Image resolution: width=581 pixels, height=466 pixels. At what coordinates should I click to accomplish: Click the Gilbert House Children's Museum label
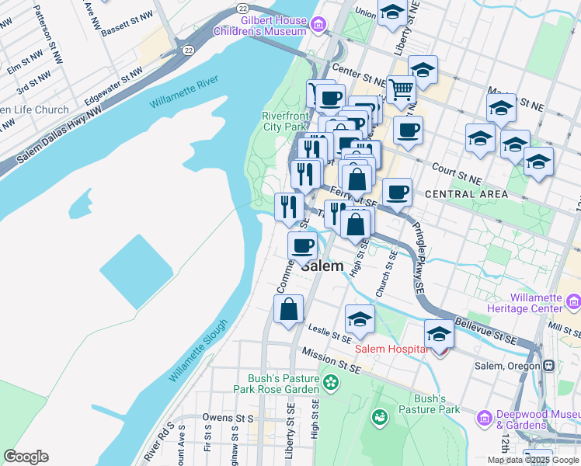tap(262, 26)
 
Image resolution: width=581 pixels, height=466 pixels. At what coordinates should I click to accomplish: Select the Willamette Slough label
tap(199, 350)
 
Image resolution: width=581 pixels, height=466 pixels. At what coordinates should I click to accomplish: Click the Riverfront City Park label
tap(284, 121)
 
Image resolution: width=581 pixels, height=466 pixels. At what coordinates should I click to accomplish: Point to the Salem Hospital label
tap(391, 349)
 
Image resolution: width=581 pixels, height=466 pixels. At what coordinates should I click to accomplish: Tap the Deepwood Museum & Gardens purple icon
tap(484, 419)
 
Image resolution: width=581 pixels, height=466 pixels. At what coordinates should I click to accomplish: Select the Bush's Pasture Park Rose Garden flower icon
tap(332, 381)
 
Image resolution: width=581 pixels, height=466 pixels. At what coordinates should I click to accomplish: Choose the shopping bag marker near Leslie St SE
tap(288, 309)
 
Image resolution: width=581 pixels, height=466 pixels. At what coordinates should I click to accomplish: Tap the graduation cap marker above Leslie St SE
tap(360, 318)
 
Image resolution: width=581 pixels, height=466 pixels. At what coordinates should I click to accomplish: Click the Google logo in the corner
tap(26, 457)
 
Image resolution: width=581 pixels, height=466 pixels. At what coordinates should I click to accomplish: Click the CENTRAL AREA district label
tap(466, 193)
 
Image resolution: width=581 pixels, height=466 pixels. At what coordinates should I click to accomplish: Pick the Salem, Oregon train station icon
tap(548, 366)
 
